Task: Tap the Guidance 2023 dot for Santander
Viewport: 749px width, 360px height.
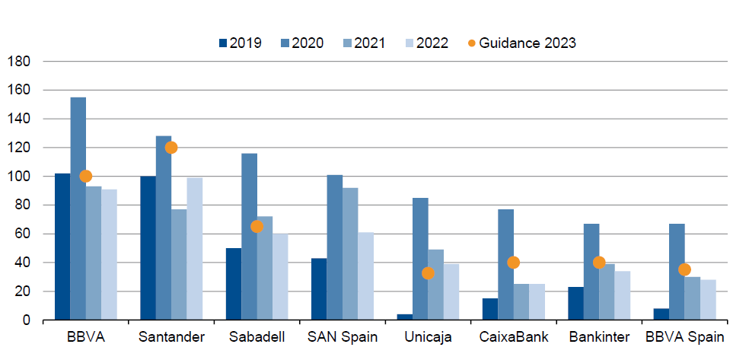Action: (171, 148)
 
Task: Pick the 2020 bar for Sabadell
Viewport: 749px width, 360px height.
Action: (249, 237)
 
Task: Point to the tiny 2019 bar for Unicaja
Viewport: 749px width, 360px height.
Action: (405, 317)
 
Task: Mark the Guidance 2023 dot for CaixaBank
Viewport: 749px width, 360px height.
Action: (514, 263)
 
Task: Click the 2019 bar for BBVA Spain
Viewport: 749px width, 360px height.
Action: (661, 314)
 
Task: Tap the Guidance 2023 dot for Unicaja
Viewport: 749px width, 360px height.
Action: (428, 273)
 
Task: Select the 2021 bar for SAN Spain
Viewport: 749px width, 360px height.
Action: (350, 254)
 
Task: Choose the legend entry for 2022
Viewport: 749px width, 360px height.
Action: (425, 43)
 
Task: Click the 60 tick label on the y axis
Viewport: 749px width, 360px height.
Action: (23, 234)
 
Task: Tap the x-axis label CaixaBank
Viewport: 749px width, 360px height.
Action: (514, 337)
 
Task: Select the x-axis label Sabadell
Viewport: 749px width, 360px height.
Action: (257, 337)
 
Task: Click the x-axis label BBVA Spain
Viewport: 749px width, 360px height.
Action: (684, 337)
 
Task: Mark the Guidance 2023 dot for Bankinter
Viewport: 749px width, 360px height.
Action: (599, 263)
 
